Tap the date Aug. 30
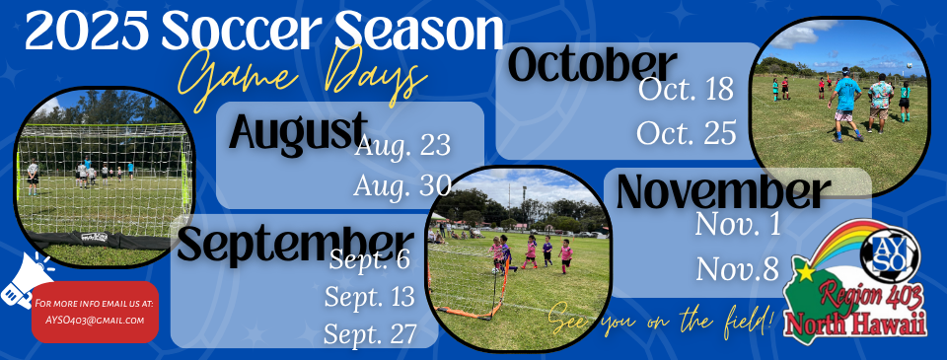coord(402,184)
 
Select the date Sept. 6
coord(369,261)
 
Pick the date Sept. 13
coord(370,297)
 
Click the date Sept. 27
coord(370,333)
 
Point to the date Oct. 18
coord(687,90)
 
